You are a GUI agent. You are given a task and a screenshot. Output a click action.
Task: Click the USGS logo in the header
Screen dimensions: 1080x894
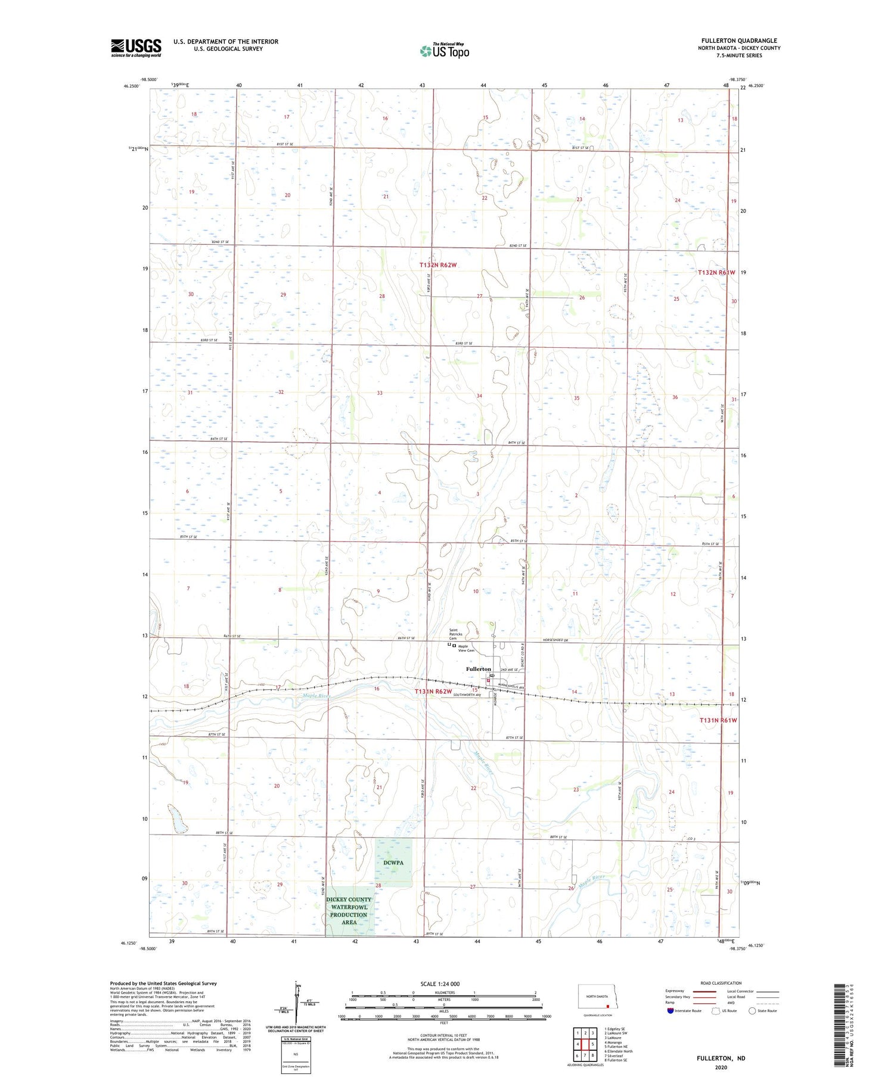pyautogui.click(x=136, y=48)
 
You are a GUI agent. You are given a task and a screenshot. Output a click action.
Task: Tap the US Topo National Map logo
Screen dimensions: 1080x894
pyautogui.click(x=444, y=51)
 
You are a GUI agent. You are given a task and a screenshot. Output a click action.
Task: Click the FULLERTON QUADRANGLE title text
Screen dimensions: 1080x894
pyautogui.click(x=739, y=41)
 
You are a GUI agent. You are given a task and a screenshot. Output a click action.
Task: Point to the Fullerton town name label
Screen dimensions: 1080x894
pyautogui.click(x=479, y=669)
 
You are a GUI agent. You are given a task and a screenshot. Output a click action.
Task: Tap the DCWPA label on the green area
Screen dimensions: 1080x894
pyautogui.click(x=393, y=863)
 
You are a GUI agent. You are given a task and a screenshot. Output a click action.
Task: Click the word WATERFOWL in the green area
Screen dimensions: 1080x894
pyautogui.click(x=349, y=907)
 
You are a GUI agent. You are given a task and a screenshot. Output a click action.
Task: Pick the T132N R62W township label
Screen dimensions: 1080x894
pyautogui.click(x=442, y=264)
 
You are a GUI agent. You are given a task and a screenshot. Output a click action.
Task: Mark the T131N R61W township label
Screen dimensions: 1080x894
pyautogui.click(x=718, y=720)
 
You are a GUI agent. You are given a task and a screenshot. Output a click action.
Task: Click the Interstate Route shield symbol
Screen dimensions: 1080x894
pyautogui.click(x=670, y=1010)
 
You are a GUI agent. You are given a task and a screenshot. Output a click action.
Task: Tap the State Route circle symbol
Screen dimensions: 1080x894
pyautogui.click(x=752, y=1010)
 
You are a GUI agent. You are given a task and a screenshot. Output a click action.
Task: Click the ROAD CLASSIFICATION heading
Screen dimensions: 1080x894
pyautogui.click(x=721, y=983)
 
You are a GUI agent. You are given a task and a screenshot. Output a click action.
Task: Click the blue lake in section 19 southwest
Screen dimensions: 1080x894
pyautogui.click(x=176, y=820)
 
